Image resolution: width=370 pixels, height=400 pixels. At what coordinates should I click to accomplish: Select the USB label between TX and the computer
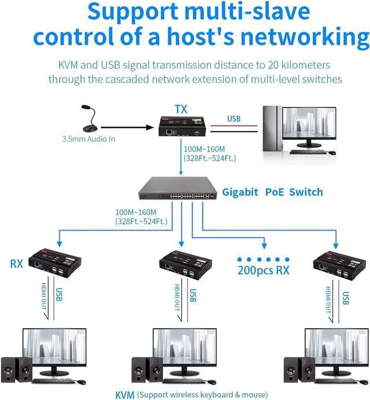[x=234, y=118]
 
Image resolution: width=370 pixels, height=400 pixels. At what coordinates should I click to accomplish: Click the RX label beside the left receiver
[x=17, y=265]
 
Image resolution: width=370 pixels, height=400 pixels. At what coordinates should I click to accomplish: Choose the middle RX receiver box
[x=182, y=263]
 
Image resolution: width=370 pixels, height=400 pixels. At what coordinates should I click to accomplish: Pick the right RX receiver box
[x=335, y=263]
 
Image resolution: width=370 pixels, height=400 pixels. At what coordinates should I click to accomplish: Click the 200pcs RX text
[x=264, y=270]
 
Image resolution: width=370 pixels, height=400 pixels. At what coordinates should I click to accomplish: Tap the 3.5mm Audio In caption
[x=87, y=139]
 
